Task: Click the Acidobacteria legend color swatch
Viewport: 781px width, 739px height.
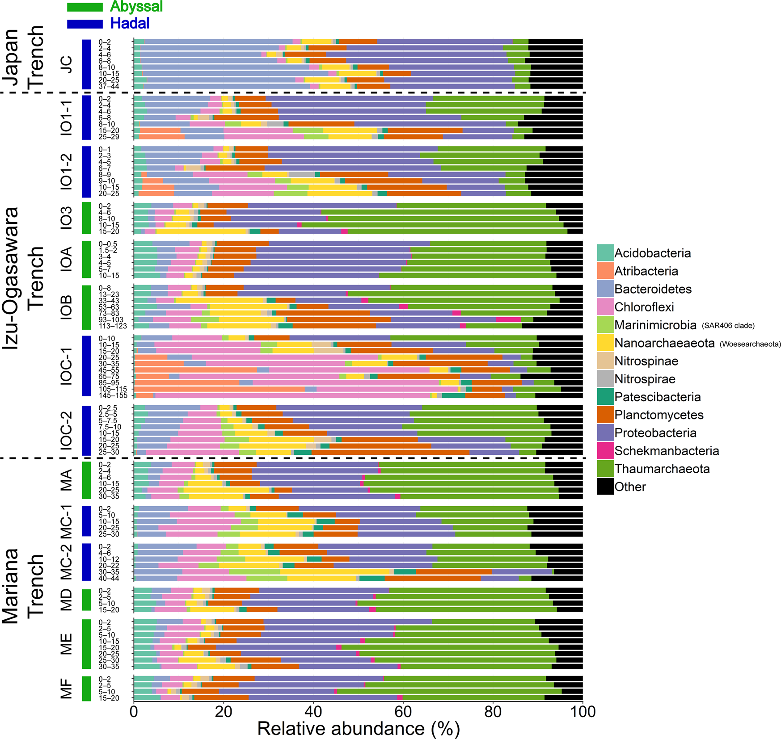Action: pyautogui.click(x=605, y=253)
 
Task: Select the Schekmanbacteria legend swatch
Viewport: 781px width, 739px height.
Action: pyautogui.click(x=605, y=451)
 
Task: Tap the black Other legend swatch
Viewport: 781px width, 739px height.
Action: pyautogui.click(x=605, y=487)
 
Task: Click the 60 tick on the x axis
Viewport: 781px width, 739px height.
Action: pyautogui.click(x=403, y=711)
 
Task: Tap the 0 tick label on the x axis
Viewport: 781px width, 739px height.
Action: pyautogui.click(x=134, y=711)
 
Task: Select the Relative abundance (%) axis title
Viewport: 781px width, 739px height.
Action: pyautogui.click(x=358, y=728)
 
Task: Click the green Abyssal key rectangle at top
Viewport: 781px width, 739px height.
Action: pyautogui.click(x=84, y=7)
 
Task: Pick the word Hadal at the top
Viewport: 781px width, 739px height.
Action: pyautogui.click(x=130, y=23)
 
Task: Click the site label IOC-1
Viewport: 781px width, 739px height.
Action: pyautogui.click(x=66, y=365)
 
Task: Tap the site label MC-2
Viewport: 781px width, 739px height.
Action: pyautogui.click(x=66, y=562)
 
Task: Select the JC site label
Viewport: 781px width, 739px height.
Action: pyautogui.click(x=66, y=64)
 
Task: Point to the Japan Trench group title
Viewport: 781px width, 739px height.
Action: pyautogui.click(x=22, y=58)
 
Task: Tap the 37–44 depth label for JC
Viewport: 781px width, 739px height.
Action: pyautogui.click(x=108, y=86)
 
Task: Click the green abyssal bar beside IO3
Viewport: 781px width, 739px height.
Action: pyautogui.click(x=86, y=218)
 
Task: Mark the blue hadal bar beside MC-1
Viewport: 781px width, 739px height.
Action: pyautogui.click(x=86, y=521)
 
